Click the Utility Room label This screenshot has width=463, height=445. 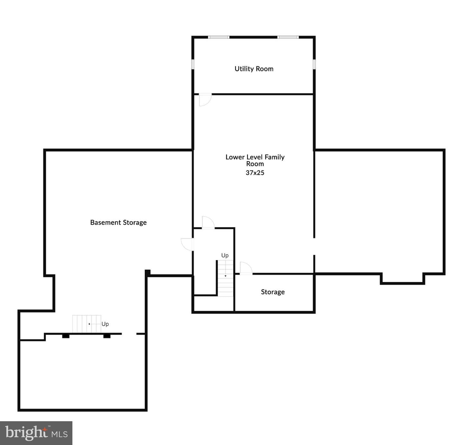(254, 69)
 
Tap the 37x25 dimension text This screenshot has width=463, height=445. (255, 172)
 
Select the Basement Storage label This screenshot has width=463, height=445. (118, 222)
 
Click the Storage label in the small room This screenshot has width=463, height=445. (273, 292)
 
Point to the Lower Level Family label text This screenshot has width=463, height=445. (255, 157)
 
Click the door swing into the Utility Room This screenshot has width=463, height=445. (205, 99)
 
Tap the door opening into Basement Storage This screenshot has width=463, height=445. (187, 244)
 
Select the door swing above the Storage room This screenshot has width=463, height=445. (246, 268)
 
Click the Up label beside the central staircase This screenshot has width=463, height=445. (225, 255)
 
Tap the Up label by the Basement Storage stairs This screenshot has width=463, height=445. (105, 324)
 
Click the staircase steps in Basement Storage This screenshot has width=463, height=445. (86, 324)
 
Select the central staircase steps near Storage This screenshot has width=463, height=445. (226, 278)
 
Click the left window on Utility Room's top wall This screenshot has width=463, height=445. (219, 37)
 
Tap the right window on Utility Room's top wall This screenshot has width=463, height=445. (288, 37)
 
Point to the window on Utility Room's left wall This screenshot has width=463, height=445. (193, 64)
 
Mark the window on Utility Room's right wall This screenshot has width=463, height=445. (314, 64)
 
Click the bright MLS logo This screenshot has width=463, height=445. (36, 433)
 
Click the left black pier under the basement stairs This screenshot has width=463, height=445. (66, 336)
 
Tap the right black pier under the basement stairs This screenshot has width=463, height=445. (107, 336)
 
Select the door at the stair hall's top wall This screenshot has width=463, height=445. (208, 222)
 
